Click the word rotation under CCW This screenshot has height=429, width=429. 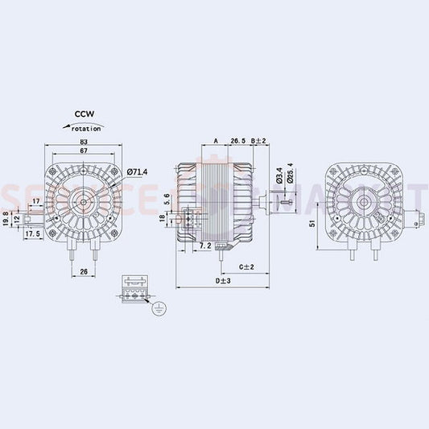[86, 128]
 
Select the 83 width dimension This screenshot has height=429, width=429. [85, 142]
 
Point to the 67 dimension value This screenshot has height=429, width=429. [85, 151]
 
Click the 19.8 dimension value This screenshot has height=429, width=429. [6, 219]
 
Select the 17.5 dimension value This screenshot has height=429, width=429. [33, 234]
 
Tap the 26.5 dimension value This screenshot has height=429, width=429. [237, 141]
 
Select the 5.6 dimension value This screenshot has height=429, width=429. [167, 199]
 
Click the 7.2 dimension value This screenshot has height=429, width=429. [204, 245]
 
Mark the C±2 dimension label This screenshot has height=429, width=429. [246, 266]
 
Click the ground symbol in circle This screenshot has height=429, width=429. [159, 307]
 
